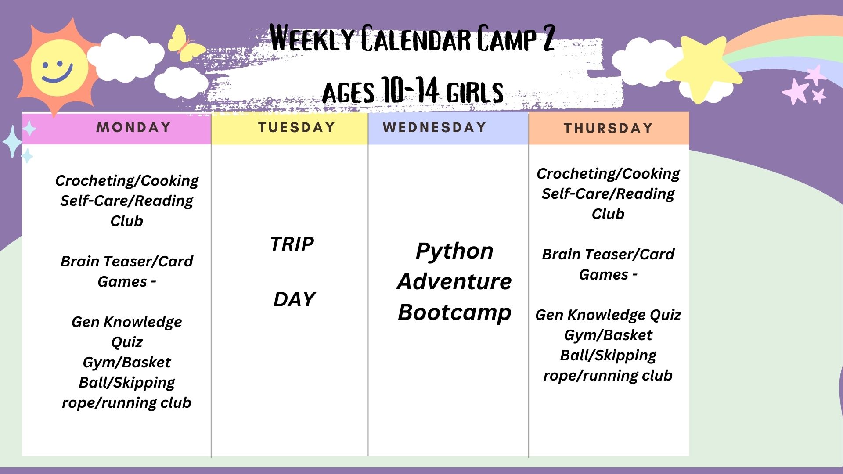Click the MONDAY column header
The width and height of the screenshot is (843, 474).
tap(133, 127)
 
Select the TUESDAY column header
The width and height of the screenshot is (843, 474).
tap(297, 127)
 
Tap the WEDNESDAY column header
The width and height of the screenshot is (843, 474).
tap(435, 127)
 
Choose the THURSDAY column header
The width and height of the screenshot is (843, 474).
tap(609, 128)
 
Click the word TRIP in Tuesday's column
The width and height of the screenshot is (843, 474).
tap(292, 244)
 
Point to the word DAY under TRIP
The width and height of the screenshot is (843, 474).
tap(294, 299)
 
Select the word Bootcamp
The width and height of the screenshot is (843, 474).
tap(454, 313)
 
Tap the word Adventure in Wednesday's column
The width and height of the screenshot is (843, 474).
tap(454, 281)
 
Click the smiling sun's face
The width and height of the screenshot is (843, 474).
tap(58, 68)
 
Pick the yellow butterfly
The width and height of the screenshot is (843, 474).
tap(186, 43)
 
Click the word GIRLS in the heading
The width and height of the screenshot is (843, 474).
tap(475, 92)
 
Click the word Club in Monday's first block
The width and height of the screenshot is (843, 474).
tap(126, 221)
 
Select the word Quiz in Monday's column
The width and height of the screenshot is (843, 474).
tap(126, 342)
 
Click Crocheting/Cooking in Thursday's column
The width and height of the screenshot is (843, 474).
tap(608, 174)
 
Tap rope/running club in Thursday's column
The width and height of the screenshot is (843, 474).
tap(608, 376)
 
